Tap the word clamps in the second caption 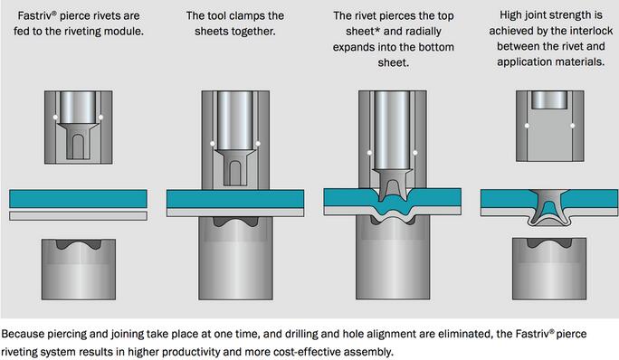click(x=247, y=15)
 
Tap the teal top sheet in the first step click(x=78, y=199)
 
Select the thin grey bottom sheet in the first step click(x=78, y=215)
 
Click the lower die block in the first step click(x=79, y=270)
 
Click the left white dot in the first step click(x=55, y=118)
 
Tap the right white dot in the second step click(x=258, y=144)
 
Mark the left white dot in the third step click(x=369, y=152)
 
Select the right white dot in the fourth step click(x=573, y=126)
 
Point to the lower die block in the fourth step click(x=549, y=269)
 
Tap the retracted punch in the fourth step click(x=549, y=99)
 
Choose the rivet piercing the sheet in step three click(x=393, y=185)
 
